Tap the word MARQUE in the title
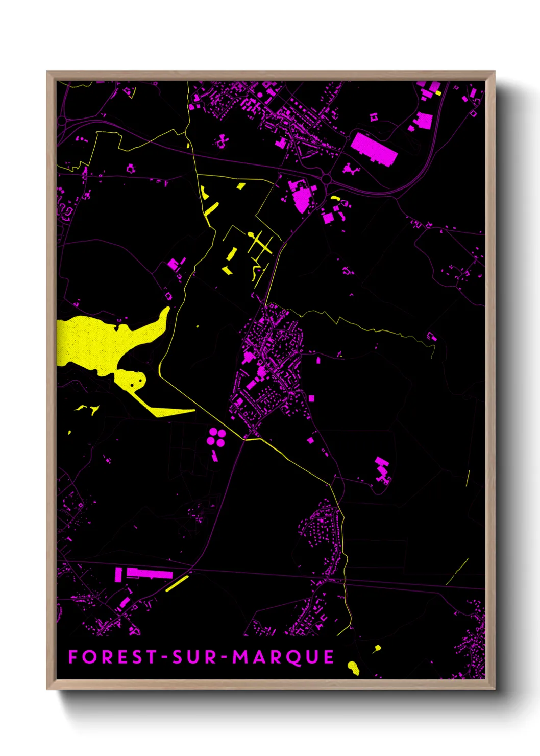click(283, 657)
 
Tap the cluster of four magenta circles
click(216, 438)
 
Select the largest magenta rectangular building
click(374, 148)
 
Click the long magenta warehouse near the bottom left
click(149, 574)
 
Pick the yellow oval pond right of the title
click(353, 666)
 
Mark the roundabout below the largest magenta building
click(326, 178)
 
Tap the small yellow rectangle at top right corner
click(438, 93)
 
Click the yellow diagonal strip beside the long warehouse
click(177, 583)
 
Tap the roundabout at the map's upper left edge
click(62, 122)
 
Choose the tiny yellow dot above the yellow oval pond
click(377, 648)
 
